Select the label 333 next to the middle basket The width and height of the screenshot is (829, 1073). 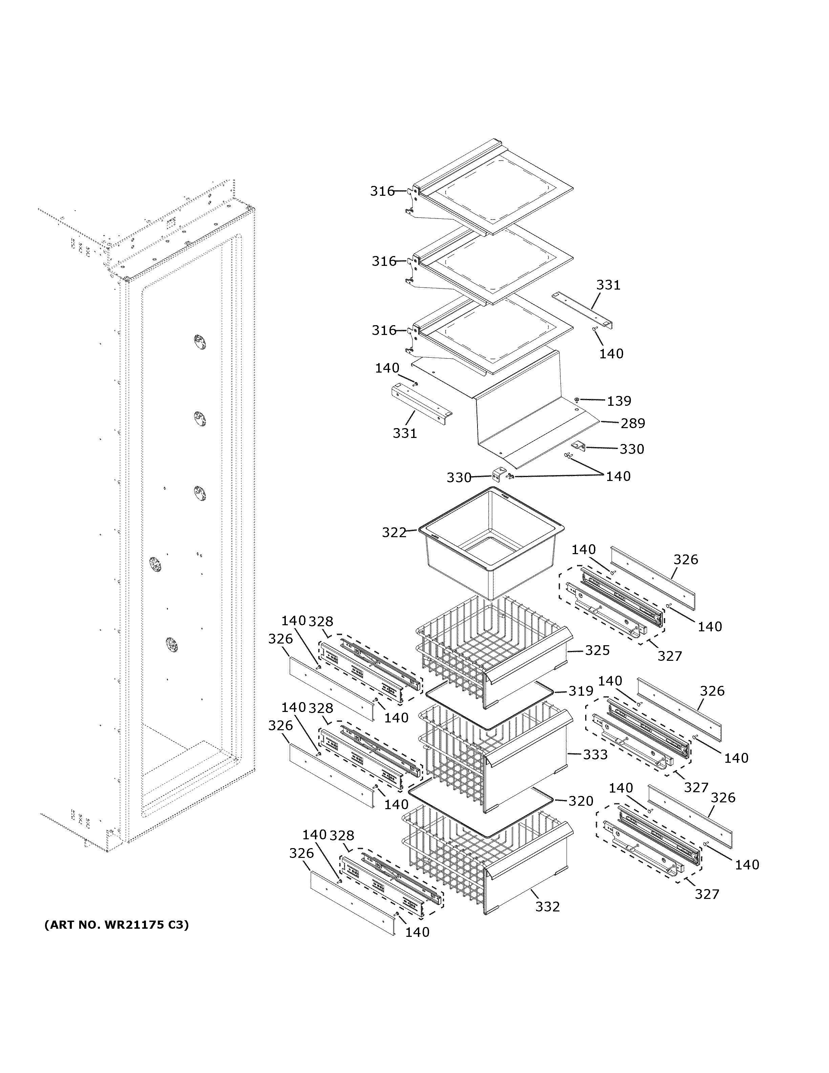[x=595, y=754]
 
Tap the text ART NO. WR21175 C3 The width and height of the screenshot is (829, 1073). [x=116, y=925]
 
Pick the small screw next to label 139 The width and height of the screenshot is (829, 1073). [x=577, y=400]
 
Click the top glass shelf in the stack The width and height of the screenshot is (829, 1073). [x=496, y=192]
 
